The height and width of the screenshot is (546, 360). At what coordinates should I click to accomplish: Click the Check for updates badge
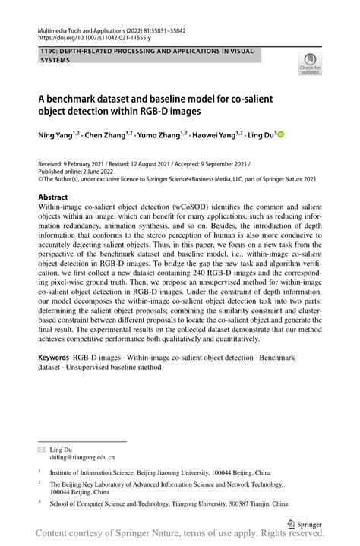coord(309,64)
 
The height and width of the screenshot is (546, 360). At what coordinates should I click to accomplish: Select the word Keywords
coord(54,356)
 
